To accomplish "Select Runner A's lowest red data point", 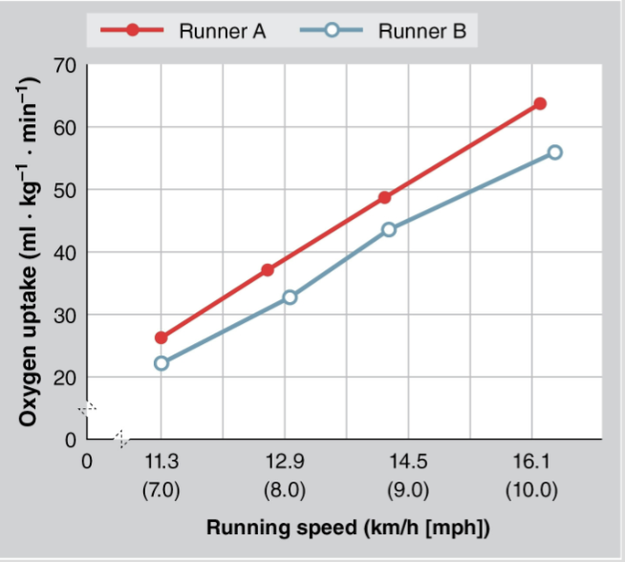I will click(x=161, y=337).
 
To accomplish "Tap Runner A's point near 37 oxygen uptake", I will click(x=268, y=270).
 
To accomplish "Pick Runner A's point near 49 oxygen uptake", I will click(x=385, y=198).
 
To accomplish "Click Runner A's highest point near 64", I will click(x=540, y=103).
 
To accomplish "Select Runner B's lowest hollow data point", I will click(x=161, y=363).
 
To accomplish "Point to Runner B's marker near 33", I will click(x=290, y=297).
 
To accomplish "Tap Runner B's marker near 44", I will click(x=388, y=229).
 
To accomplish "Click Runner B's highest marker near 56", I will click(x=554, y=153).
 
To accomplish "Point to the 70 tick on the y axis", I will click(x=65, y=65).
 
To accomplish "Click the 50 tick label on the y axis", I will click(x=65, y=190).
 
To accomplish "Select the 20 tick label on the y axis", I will click(x=65, y=378).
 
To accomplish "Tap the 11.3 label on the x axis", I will click(x=161, y=463).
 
